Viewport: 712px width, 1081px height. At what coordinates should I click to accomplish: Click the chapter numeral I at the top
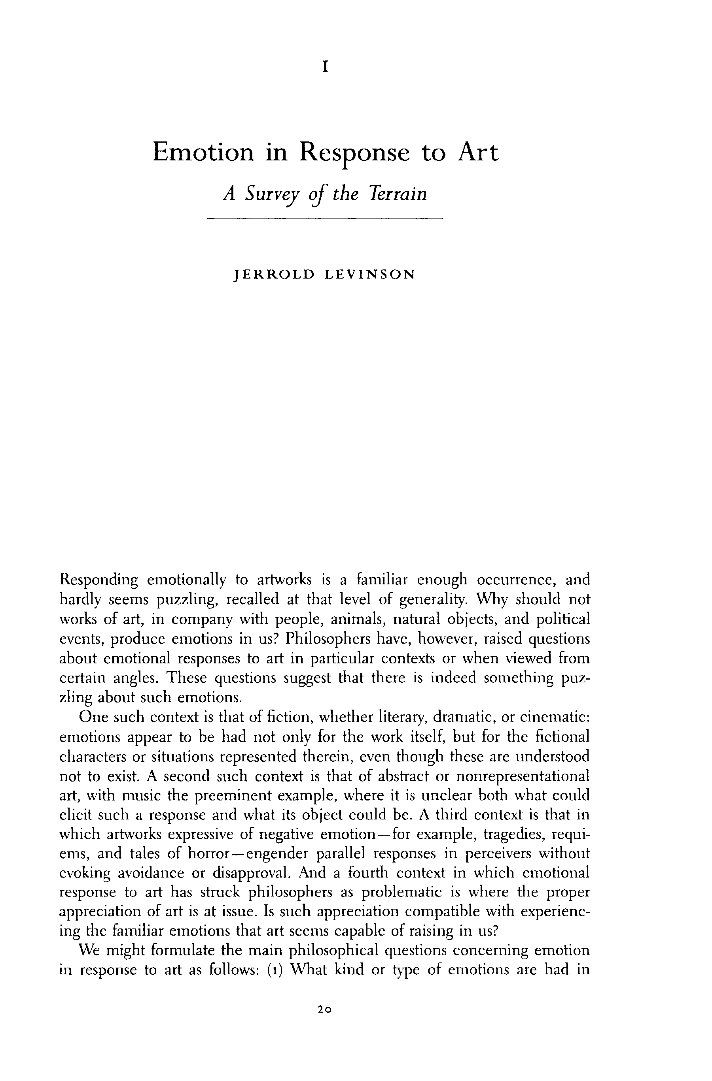pyautogui.click(x=325, y=68)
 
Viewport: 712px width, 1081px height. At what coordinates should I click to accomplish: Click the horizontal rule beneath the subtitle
pyautogui.click(x=325, y=219)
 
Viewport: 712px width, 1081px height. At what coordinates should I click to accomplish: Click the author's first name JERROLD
pyautogui.click(x=273, y=275)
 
